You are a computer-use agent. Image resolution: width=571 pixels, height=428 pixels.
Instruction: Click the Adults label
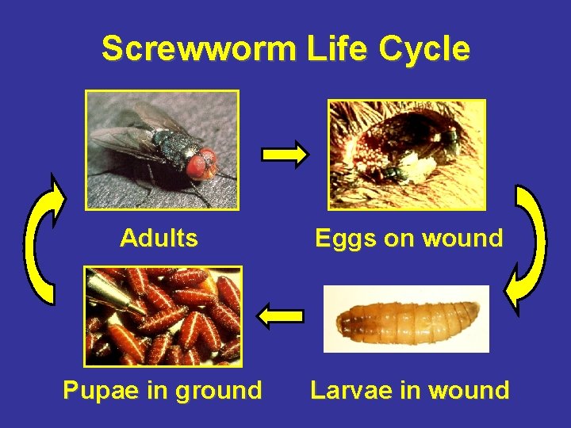[x=159, y=238]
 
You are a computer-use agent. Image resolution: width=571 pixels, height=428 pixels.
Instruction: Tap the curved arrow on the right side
[x=527, y=246]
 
